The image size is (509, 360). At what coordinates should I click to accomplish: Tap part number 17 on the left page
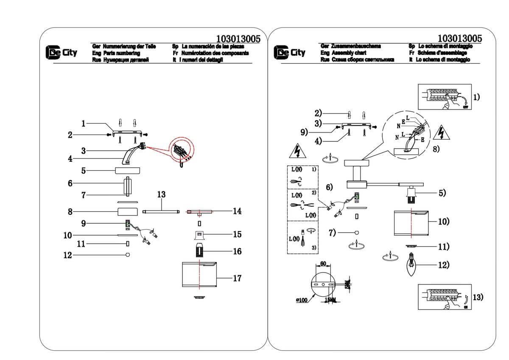click(x=237, y=278)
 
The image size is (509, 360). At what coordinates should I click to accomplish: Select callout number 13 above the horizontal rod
click(x=161, y=194)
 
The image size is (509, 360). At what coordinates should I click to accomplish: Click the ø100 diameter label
click(x=302, y=300)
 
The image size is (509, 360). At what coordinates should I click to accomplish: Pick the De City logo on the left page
click(x=62, y=53)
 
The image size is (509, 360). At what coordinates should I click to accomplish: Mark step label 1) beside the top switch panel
click(x=476, y=97)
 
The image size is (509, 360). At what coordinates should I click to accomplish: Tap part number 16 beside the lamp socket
click(x=237, y=251)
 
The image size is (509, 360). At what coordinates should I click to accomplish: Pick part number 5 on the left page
click(x=84, y=171)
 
